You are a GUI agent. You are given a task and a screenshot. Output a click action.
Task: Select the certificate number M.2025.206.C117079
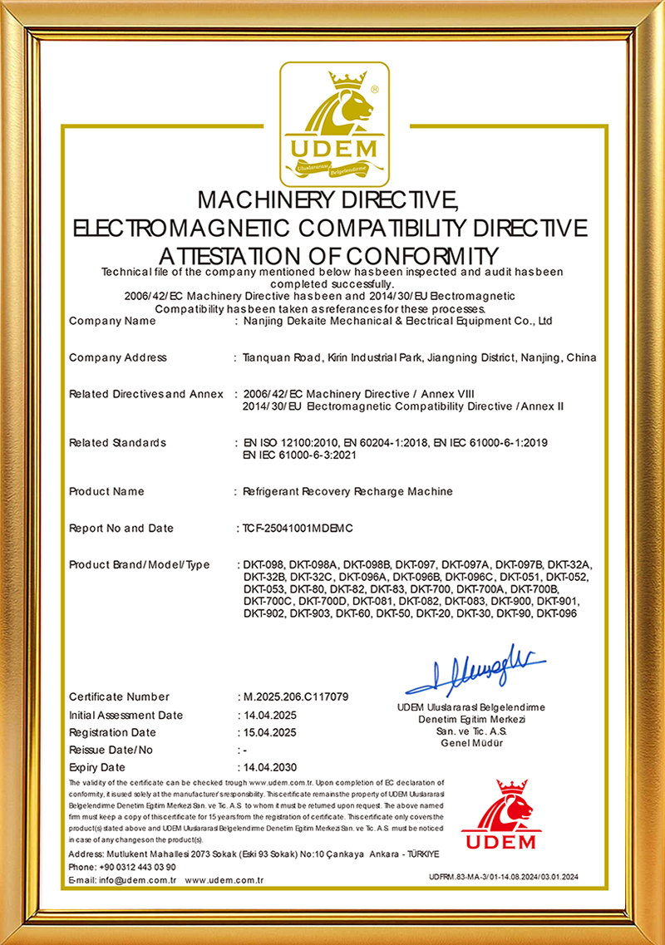point(295,696)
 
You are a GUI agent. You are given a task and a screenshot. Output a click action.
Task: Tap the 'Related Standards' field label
point(117,443)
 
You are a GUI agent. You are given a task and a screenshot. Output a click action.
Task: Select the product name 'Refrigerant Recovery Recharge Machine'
point(347,491)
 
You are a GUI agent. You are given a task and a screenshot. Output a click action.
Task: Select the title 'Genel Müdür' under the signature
point(471,743)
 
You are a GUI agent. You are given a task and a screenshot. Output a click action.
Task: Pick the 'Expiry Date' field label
point(97,767)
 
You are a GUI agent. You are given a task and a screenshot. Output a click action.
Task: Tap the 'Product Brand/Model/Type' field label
point(140,565)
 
